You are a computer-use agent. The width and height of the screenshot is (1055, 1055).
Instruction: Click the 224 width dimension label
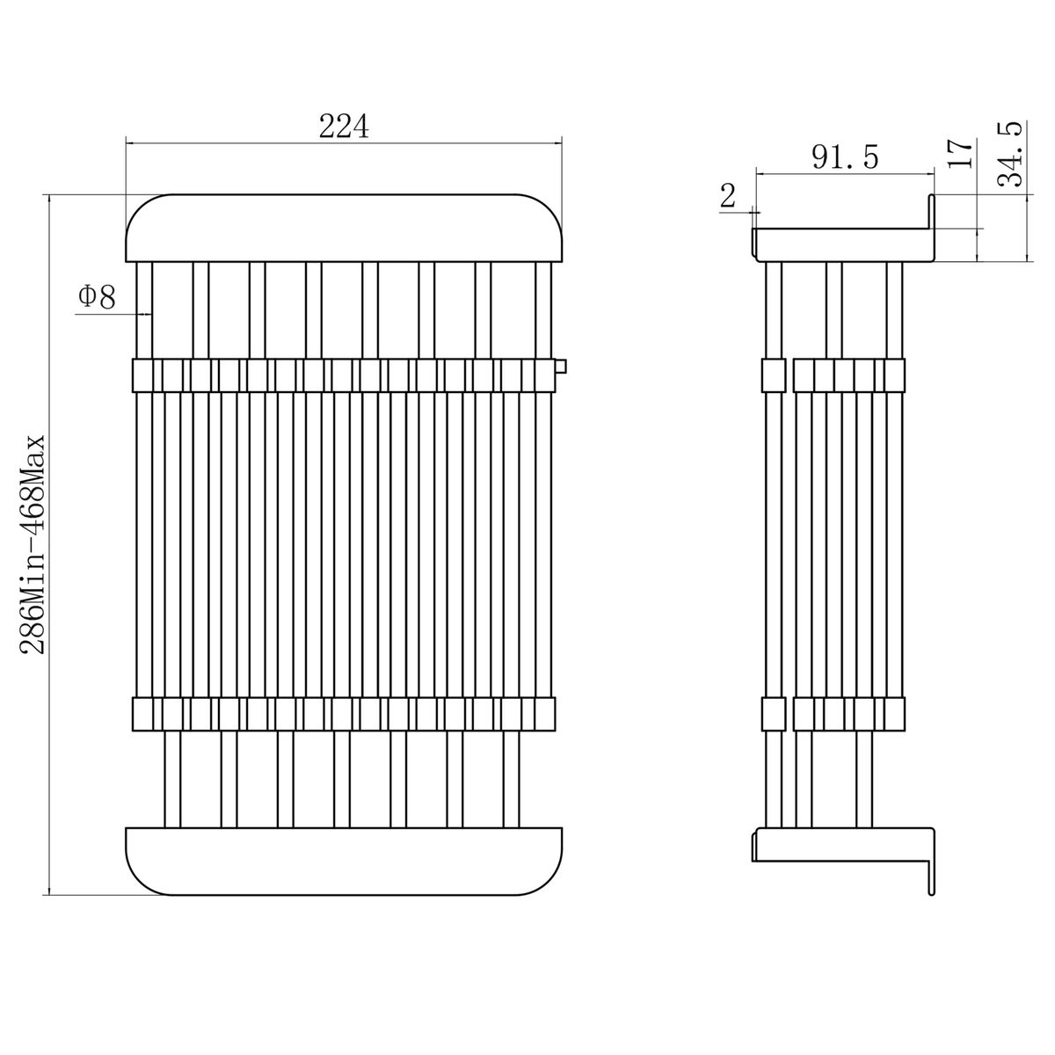pos(344,127)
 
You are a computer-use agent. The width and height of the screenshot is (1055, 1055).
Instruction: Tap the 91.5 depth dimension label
pos(845,157)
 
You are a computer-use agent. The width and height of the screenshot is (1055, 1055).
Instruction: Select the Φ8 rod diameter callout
pos(97,297)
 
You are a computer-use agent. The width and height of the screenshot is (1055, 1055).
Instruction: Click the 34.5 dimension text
pos(1010,155)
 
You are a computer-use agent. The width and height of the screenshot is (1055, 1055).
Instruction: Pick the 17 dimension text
pos(960,154)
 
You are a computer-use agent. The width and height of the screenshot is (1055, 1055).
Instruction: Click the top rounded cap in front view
pos(344,228)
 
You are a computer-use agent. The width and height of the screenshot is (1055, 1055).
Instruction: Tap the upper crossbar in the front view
pos(344,375)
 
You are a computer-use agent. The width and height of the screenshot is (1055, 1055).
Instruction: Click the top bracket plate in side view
pos(842,244)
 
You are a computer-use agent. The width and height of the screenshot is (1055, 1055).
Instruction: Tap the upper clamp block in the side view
pos(833,375)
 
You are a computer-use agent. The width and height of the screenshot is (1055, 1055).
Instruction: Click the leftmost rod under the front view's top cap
pos(144,310)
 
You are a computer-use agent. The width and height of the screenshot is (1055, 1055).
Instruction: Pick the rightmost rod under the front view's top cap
pos(543,310)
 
